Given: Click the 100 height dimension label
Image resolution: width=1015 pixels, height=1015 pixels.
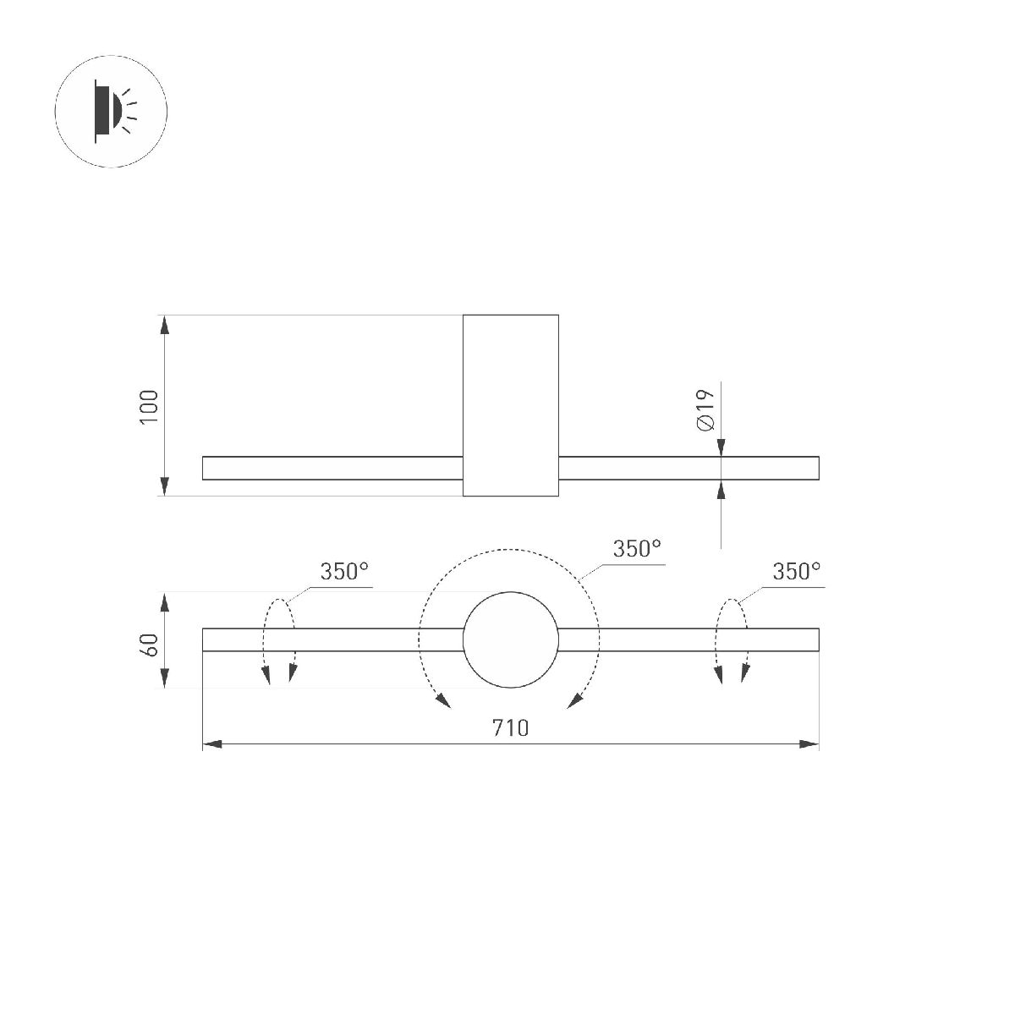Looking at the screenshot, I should coord(149,407).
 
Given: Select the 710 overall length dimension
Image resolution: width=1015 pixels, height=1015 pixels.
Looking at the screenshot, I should coord(511,727).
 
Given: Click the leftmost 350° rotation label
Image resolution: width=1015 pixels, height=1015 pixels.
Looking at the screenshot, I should coord(344,572).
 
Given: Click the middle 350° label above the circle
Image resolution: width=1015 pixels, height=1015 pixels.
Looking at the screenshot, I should coord(636,549).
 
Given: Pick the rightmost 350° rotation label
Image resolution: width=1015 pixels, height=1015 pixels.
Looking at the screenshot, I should coord(796,572).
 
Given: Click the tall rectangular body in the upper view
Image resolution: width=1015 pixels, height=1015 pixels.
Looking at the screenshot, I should coord(511,404).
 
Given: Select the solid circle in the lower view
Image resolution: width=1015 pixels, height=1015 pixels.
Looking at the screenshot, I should coord(511,639).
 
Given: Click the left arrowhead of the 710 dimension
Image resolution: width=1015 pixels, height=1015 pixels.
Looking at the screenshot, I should coord(211,744).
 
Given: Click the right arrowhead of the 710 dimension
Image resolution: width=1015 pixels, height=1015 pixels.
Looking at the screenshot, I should coord(810,744).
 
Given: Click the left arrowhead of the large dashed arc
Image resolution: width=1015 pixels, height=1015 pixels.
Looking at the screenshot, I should coord(442,699).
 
